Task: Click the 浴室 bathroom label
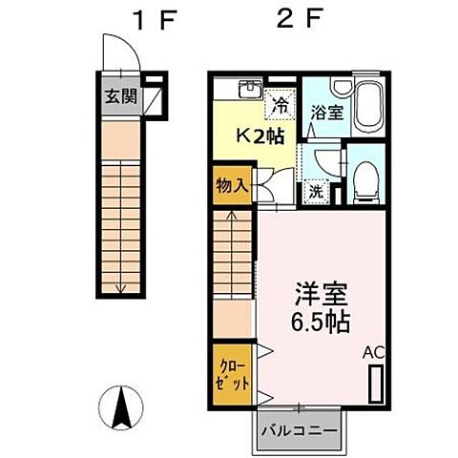[327, 113]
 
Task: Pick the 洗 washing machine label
[315, 189]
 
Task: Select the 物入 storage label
[233, 185]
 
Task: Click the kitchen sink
[250, 90]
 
